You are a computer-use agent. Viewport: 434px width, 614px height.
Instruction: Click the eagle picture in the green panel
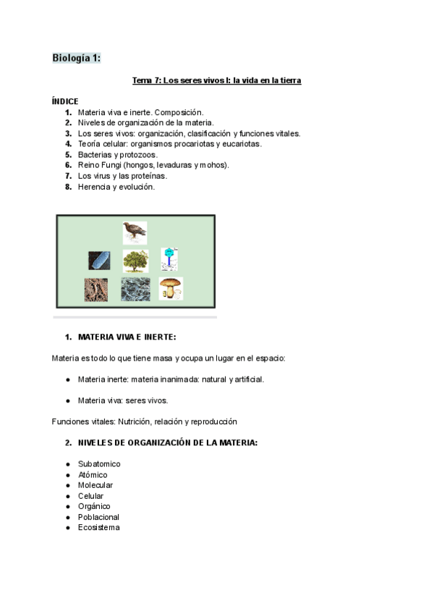[135, 232]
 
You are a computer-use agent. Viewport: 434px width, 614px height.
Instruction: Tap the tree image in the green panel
[135, 260]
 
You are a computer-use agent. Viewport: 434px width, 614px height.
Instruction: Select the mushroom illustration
[171, 288]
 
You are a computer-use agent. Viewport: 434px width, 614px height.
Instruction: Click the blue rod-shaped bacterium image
[99, 261]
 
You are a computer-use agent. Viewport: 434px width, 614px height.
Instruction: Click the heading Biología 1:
[76, 58]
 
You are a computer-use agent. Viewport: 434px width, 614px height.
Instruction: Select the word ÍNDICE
[65, 101]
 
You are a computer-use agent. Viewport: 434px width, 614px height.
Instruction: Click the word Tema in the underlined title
[142, 80]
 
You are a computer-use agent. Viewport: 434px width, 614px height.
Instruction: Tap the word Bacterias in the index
[95, 154]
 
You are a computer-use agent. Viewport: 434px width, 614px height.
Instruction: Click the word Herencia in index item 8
[95, 187]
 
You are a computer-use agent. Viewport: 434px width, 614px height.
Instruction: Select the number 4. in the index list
[68, 144]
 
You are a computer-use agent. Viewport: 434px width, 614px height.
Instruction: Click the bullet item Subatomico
[99, 463]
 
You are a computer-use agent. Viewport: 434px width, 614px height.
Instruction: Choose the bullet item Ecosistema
[99, 527]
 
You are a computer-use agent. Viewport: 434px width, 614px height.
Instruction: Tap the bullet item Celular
[90, 496]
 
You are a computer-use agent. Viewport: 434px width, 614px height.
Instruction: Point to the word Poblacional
[98, 517]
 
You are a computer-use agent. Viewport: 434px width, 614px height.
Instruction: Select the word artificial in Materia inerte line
[248, 379]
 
